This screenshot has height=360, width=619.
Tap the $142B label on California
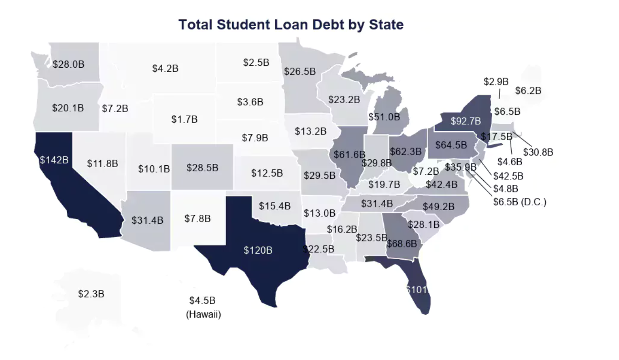click(x=54, y=160)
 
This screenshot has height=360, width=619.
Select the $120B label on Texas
click(x=258, y=250)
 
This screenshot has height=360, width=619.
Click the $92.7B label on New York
click(x=465, y=121)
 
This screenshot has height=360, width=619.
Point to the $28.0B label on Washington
click(x=69, y=64)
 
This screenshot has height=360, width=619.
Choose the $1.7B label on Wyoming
click(x=184, y=119)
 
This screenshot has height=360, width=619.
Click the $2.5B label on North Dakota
click(x=256, y=63)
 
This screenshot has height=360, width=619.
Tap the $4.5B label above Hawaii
click(x=202, y=301)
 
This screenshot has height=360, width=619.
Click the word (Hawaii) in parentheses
click(x=203, y=314)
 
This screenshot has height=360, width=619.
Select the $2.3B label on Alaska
click(x=91, y=294)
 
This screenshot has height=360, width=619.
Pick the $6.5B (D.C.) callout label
click(x=520, y=202)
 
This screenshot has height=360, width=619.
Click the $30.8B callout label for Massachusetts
click(x=538, y=152)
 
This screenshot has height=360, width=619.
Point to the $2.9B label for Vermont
click(x=496, y=82)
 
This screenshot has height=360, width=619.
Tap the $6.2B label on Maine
click(x=528, y=91)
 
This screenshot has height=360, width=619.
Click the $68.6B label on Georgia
click(x=401, y=243)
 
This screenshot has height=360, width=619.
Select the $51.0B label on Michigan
click(x=384, y=117)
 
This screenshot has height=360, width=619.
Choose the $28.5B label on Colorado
click(x=202, y=168)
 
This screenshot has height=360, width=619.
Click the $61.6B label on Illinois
click(x=349, y=154)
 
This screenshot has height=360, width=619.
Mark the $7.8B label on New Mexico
click(x=198, y=219)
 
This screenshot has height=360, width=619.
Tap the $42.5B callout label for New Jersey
click(x=508, y=176)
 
